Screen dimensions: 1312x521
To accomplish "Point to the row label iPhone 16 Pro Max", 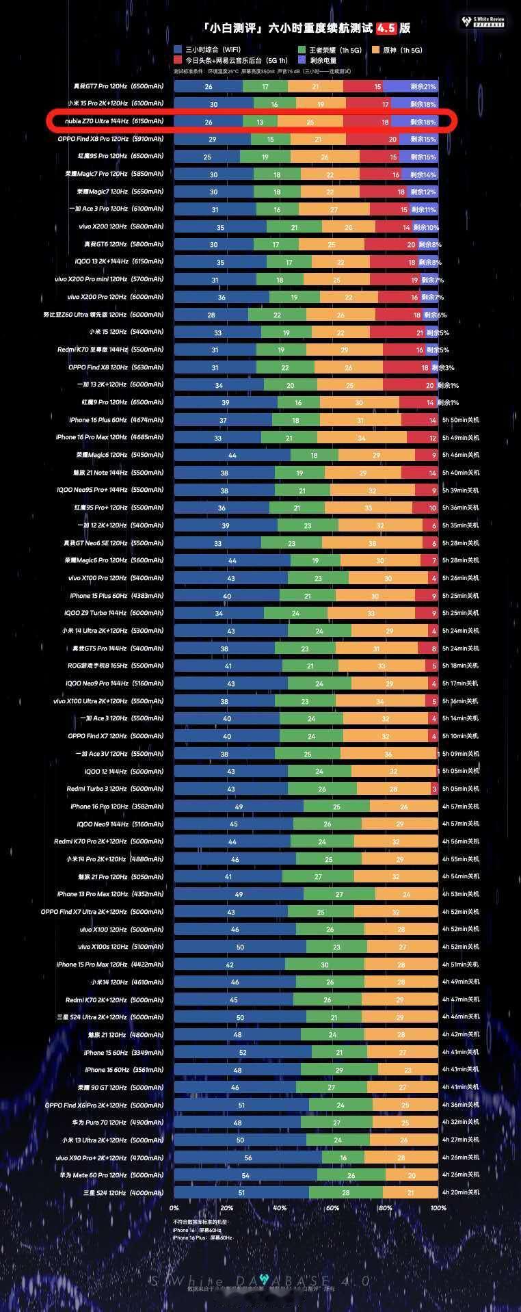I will (109, 437).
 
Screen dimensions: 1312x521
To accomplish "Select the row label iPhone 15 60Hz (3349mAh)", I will (124, 1052).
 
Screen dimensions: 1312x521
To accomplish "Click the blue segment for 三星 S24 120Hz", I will (241, 1192).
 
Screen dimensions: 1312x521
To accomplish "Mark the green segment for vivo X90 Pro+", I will (343, 1157).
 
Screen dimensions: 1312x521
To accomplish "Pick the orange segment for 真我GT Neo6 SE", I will (372, 543).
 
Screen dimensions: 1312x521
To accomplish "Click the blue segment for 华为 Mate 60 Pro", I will (245, 1175).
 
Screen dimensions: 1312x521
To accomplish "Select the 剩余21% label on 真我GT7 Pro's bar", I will (423, 87).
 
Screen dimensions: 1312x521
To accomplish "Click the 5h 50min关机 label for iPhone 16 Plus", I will (460, 419).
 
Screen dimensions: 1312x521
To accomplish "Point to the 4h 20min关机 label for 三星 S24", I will (460, 1192).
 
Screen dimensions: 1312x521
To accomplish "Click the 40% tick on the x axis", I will (280, 1208).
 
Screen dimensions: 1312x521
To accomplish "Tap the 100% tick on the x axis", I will (438, 1208).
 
